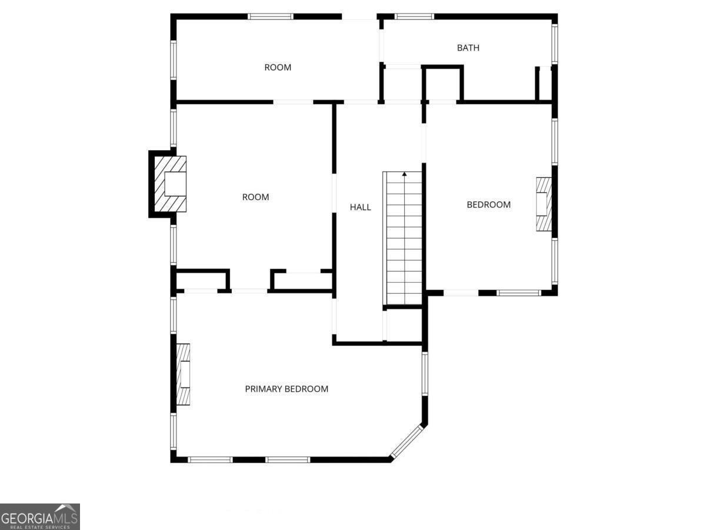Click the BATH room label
468,48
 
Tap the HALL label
360,207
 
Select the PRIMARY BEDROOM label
287,389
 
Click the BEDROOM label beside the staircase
488,205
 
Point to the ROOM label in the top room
278,67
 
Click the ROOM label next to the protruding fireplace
256,197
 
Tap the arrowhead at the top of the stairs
404,174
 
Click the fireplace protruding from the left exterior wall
168,184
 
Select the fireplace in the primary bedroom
184,375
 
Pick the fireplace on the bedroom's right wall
544,204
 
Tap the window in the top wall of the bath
414,16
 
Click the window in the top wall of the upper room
271,16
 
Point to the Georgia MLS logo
40,516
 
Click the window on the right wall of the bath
555,44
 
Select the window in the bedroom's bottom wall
519,293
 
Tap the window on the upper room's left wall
174,60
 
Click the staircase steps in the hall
404,238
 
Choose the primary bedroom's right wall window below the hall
425,373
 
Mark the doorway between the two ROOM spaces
294,102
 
